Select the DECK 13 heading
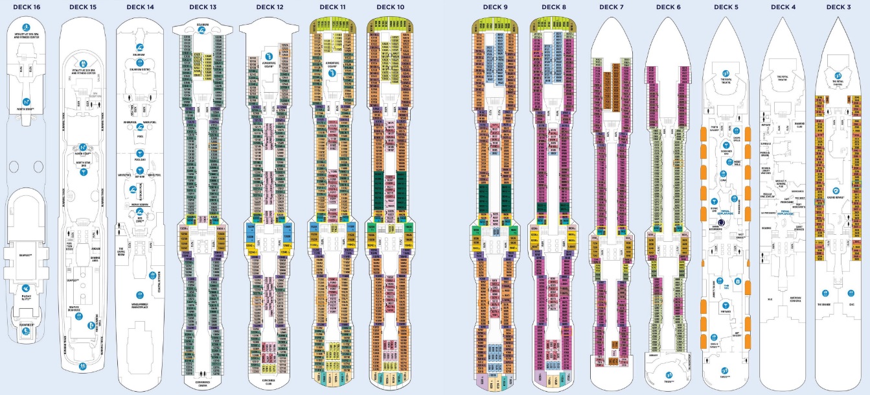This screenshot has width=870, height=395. (x=203, y=7)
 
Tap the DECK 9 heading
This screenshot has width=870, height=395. (x=496, y=7)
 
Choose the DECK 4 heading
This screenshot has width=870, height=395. (x=783, y=7)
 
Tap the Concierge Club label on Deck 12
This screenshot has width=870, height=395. (x=269, y=381)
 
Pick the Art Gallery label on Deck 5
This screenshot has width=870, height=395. (x=737, y=335)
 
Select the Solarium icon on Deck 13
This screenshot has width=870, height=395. (x=204, y=30)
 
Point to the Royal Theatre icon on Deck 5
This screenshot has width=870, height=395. (x=726, y=73)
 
